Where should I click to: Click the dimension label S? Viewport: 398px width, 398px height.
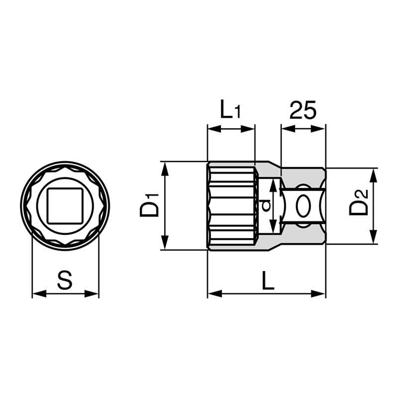point(65,280)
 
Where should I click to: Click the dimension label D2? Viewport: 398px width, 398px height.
point(358,202)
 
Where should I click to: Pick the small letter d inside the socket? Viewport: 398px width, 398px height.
point(266,205)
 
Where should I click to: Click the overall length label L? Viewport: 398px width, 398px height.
point(268,282)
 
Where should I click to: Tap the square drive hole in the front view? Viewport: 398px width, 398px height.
point(65,205)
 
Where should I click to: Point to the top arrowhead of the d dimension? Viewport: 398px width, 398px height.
point(272,185)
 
